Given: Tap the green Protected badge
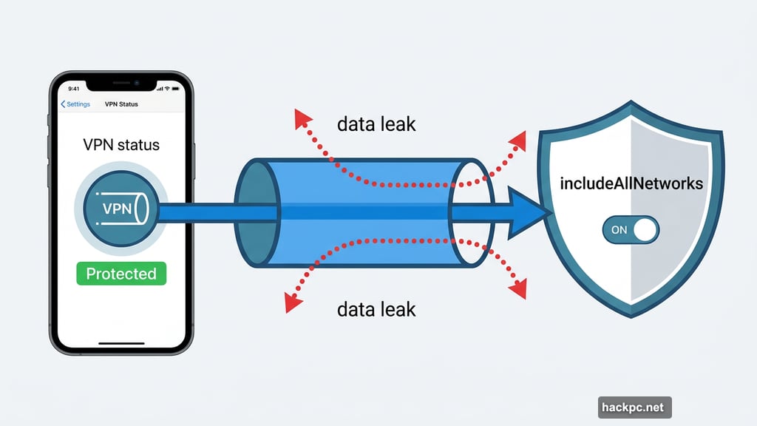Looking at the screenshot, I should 121,274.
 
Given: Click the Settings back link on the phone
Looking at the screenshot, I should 75,104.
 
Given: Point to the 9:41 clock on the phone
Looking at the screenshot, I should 72,89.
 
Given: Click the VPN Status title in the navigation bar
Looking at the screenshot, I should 122,104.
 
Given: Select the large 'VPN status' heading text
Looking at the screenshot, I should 121,144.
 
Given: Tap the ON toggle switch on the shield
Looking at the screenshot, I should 630,230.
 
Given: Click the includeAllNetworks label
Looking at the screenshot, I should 631,183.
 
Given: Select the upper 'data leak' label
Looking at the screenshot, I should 376,124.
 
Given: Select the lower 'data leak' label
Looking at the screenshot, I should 376,308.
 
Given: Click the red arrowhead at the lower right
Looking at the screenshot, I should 519,289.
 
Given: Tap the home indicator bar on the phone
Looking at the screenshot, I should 121,343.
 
